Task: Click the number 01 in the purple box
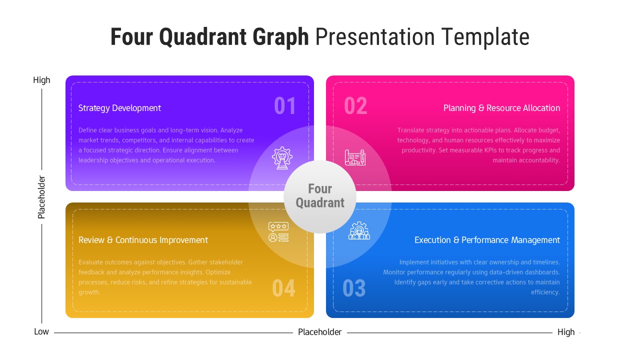[285, 106]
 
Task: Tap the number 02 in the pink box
[355, 106]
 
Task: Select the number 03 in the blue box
[354, 288]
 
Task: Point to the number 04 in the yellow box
[283, 288]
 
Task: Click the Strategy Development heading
[119, 108]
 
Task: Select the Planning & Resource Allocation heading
[501, 108]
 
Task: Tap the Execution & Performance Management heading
[487, 240]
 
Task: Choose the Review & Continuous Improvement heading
[143, 240]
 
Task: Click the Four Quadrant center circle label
[320, 196]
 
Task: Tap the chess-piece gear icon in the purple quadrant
[282, 157]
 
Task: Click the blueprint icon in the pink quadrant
[355, 157]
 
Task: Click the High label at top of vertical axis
[41, 80]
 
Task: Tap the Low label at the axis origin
[41, 332]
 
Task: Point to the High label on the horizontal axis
[566, 332]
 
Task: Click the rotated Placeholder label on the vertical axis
[41, 197]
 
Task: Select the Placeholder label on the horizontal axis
[319, 332]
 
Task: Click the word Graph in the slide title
[280, 37]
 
